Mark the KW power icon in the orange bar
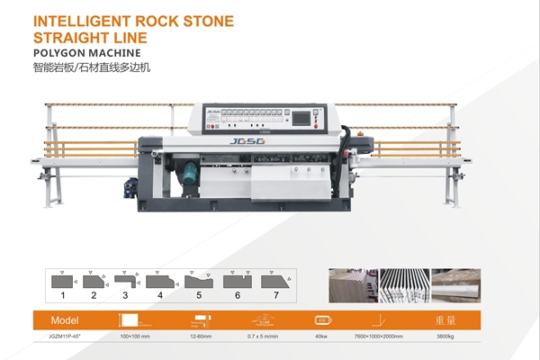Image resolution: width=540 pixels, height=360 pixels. [321, 319]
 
